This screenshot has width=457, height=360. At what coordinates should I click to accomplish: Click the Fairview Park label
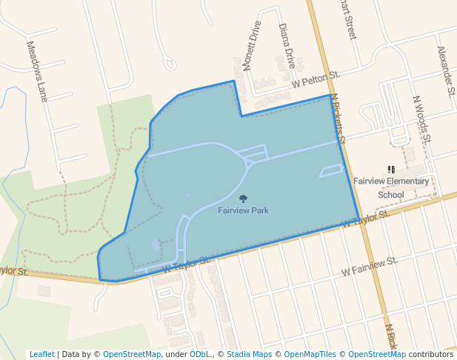point(243,210)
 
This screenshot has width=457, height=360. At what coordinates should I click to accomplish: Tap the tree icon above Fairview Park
point(243,198)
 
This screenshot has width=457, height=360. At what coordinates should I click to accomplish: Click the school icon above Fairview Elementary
point(391,170)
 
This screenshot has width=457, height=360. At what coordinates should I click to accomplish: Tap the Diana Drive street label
point(287,46)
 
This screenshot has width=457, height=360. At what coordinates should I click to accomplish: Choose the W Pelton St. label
point(315,80)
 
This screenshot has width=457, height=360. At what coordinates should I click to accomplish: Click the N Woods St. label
point(421,119)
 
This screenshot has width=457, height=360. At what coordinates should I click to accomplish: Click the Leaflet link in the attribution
point(42,354)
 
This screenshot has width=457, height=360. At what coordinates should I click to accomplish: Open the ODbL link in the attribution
point(200,354)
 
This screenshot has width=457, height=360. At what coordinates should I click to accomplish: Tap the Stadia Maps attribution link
point(250,354)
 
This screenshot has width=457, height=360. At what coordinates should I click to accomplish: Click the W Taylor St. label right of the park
point(365,219)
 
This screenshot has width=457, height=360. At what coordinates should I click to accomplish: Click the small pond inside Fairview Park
point(155,244)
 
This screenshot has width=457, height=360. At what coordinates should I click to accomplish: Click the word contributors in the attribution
point(431,354)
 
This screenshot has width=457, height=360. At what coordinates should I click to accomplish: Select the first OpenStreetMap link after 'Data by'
point(132,354)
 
